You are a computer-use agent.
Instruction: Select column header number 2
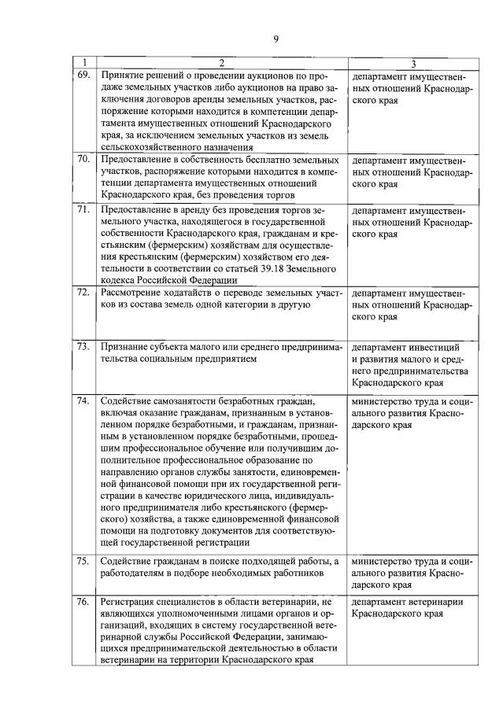click(221, 62)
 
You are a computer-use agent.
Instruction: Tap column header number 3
click(413, 62)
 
